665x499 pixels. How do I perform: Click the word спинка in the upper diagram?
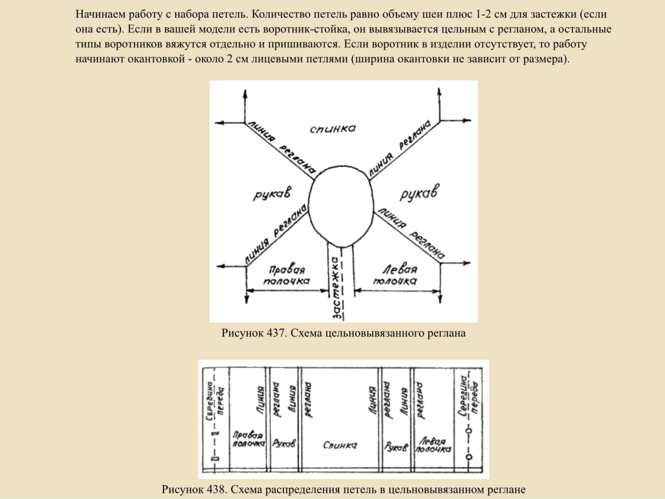pyautogui.click(x=333, y=128)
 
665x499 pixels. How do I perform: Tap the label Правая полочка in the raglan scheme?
pyautogui.click(x=286, y=275)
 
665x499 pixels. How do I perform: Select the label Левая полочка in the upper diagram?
pyautogui.click(x=395, y=275)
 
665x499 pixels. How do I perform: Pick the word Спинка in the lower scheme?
pyautogui.click(x=340, y=445)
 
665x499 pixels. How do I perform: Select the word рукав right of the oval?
pyautogui.click(x=418, y=193)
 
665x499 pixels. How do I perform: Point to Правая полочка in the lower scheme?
pyautogui.click(x=248, y=439)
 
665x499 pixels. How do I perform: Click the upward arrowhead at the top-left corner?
pyautogui.click(x=245, y=93)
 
